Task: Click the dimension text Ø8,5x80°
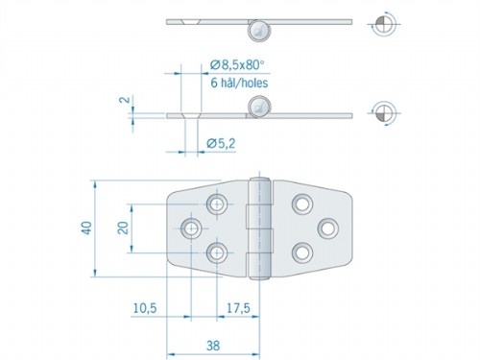238,64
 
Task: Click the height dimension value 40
86,228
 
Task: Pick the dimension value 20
123,228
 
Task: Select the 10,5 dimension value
145,309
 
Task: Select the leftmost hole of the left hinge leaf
192,228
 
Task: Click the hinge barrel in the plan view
256,228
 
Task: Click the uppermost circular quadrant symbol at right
381,26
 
